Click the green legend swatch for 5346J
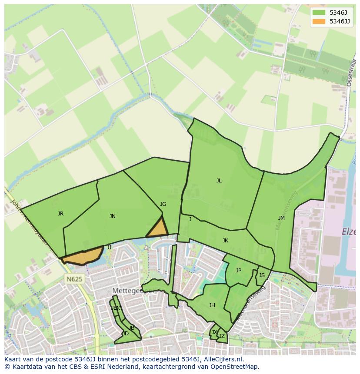click(x=318, y=12)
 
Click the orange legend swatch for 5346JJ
click(x=318, y=21)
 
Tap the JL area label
click(x=219, y=181)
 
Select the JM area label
click(x=281, y=218)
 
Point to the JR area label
click(x=60, y=214)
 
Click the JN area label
click(x=113, y=216)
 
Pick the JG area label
click(x=163, y=204)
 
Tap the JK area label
click(x=225, y=241)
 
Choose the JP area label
click(x=239, y=271)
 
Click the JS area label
click(x=262, y=275)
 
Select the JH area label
click(x=212, y=305)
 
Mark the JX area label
click(x=214, y=332)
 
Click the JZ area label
click(x=222, y=336)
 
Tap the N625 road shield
click(x=74, y=279)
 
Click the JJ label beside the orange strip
click(x=109, y=248)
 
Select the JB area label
click(x=132, y=328)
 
